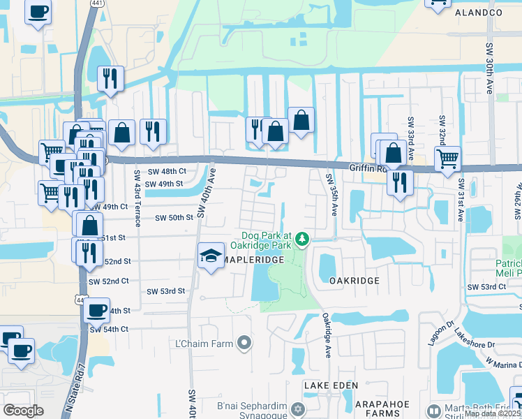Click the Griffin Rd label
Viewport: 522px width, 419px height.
coord(368,168)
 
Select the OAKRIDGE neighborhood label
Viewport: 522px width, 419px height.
coord(354,281)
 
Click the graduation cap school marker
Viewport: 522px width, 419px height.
coord(209,256)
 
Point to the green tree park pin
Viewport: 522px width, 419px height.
coord(302,240)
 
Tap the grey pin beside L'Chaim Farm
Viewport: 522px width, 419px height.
coord(244,343)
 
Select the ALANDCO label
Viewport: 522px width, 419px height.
coord(479,13)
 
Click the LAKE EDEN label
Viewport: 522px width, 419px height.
coord(331,385)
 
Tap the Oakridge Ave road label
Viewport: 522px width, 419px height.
coord(325,335)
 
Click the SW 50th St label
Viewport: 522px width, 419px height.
coord(174,218)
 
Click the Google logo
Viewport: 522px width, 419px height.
coord(24,410)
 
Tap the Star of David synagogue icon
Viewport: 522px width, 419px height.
coord(298,409)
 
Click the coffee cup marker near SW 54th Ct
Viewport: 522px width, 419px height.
coord(97,309)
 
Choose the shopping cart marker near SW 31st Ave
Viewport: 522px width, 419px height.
coord(447,158)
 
